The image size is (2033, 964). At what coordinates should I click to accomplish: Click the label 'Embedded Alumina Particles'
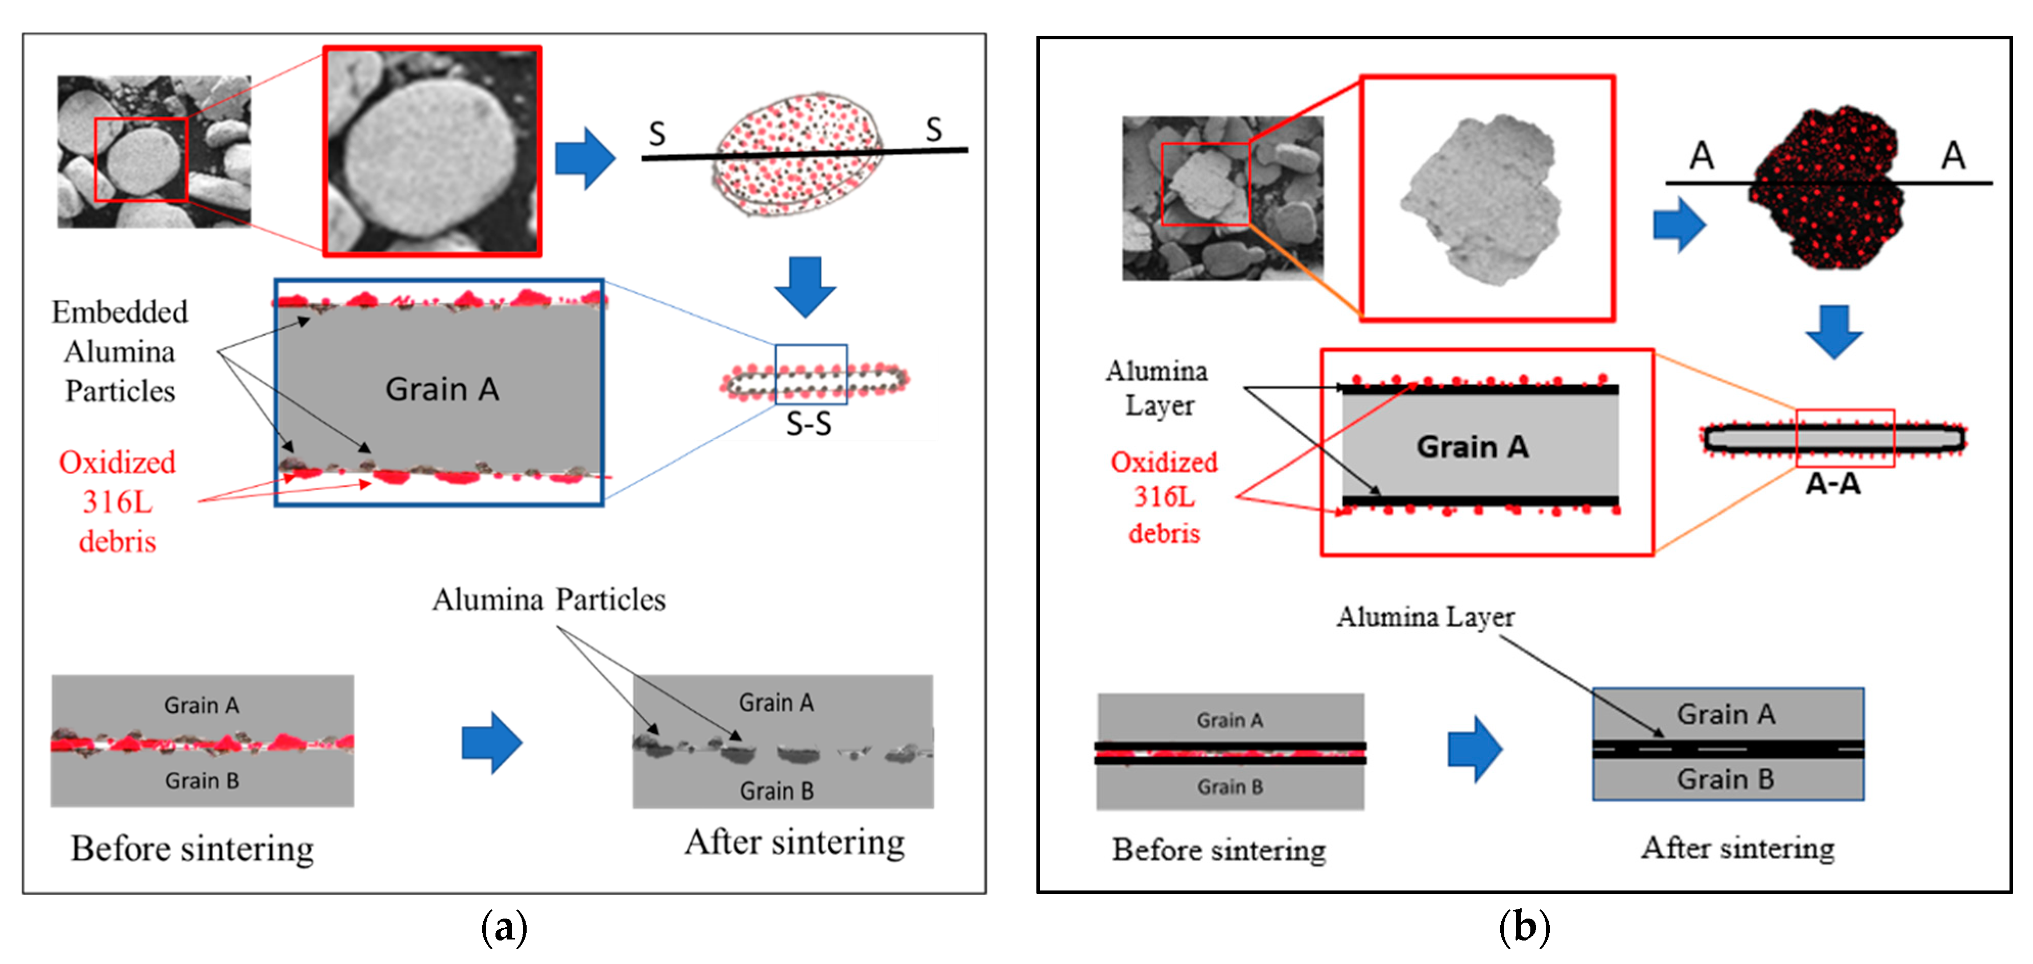(x=120, y=352)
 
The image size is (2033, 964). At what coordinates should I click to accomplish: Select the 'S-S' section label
(x=809, y=424)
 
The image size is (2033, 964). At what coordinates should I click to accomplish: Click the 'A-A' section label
(x=1833, y=484)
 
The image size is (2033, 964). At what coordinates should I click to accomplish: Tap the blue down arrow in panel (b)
(x=1833, y=331)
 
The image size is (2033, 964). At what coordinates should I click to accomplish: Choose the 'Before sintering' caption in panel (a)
(x=193, y=849)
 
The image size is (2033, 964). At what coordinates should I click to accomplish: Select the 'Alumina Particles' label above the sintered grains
(x=549, y=599)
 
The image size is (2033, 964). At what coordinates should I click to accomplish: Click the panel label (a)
(x=504, y=926)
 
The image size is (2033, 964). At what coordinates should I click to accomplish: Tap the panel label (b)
(x=1524, y=926)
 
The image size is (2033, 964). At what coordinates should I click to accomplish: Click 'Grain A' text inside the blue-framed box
(x=442, y=389)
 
